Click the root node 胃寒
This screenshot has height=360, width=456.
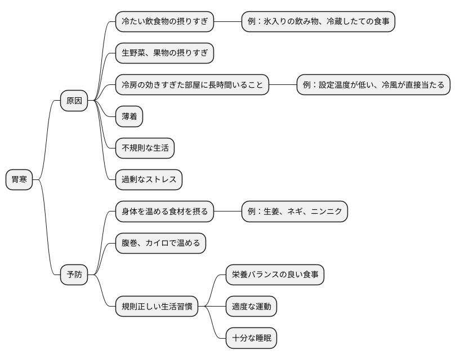click(x=19, y=180)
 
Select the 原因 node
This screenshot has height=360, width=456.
click(x=74, y=101)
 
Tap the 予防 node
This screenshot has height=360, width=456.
click(x=74, y=275)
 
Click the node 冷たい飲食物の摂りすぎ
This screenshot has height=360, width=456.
click(x=164, y=22)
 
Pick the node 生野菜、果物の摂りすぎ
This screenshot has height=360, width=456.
click(x=164, y=53)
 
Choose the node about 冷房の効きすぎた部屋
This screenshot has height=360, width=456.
click(x=192, y=85)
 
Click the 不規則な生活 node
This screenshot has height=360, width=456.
click(x=145, y=148)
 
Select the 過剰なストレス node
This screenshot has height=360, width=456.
click(x=149, y=180)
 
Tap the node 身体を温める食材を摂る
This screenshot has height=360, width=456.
click(x=164, y=212)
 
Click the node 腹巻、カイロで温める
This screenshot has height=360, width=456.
click(x=160, y=244)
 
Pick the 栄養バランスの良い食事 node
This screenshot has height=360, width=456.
click(x=275, y=275)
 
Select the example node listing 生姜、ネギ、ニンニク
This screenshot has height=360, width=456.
click(x=294, y=212)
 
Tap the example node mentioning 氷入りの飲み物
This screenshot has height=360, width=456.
click(x=318, y=22)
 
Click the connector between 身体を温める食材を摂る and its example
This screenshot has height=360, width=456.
click(x=227, y=212)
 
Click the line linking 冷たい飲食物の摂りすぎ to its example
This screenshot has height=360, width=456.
click(x=227, y=22)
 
